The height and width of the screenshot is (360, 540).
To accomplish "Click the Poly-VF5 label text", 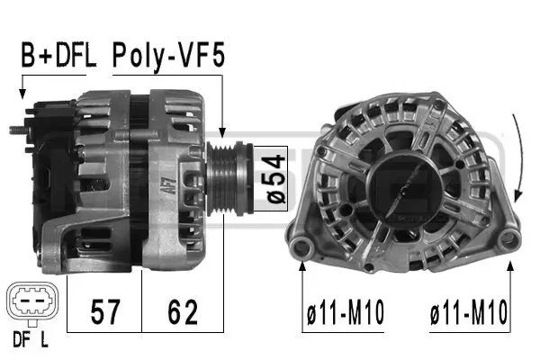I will pyautogui.click(x=169, y=58).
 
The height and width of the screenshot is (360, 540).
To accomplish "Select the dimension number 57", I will pyautogui.click(x=105, y=312).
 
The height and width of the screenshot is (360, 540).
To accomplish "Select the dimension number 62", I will pyautogui.click(x=182, y=312).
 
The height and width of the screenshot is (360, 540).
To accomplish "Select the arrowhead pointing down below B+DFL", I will pyautogui.click(x=21, y=92).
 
